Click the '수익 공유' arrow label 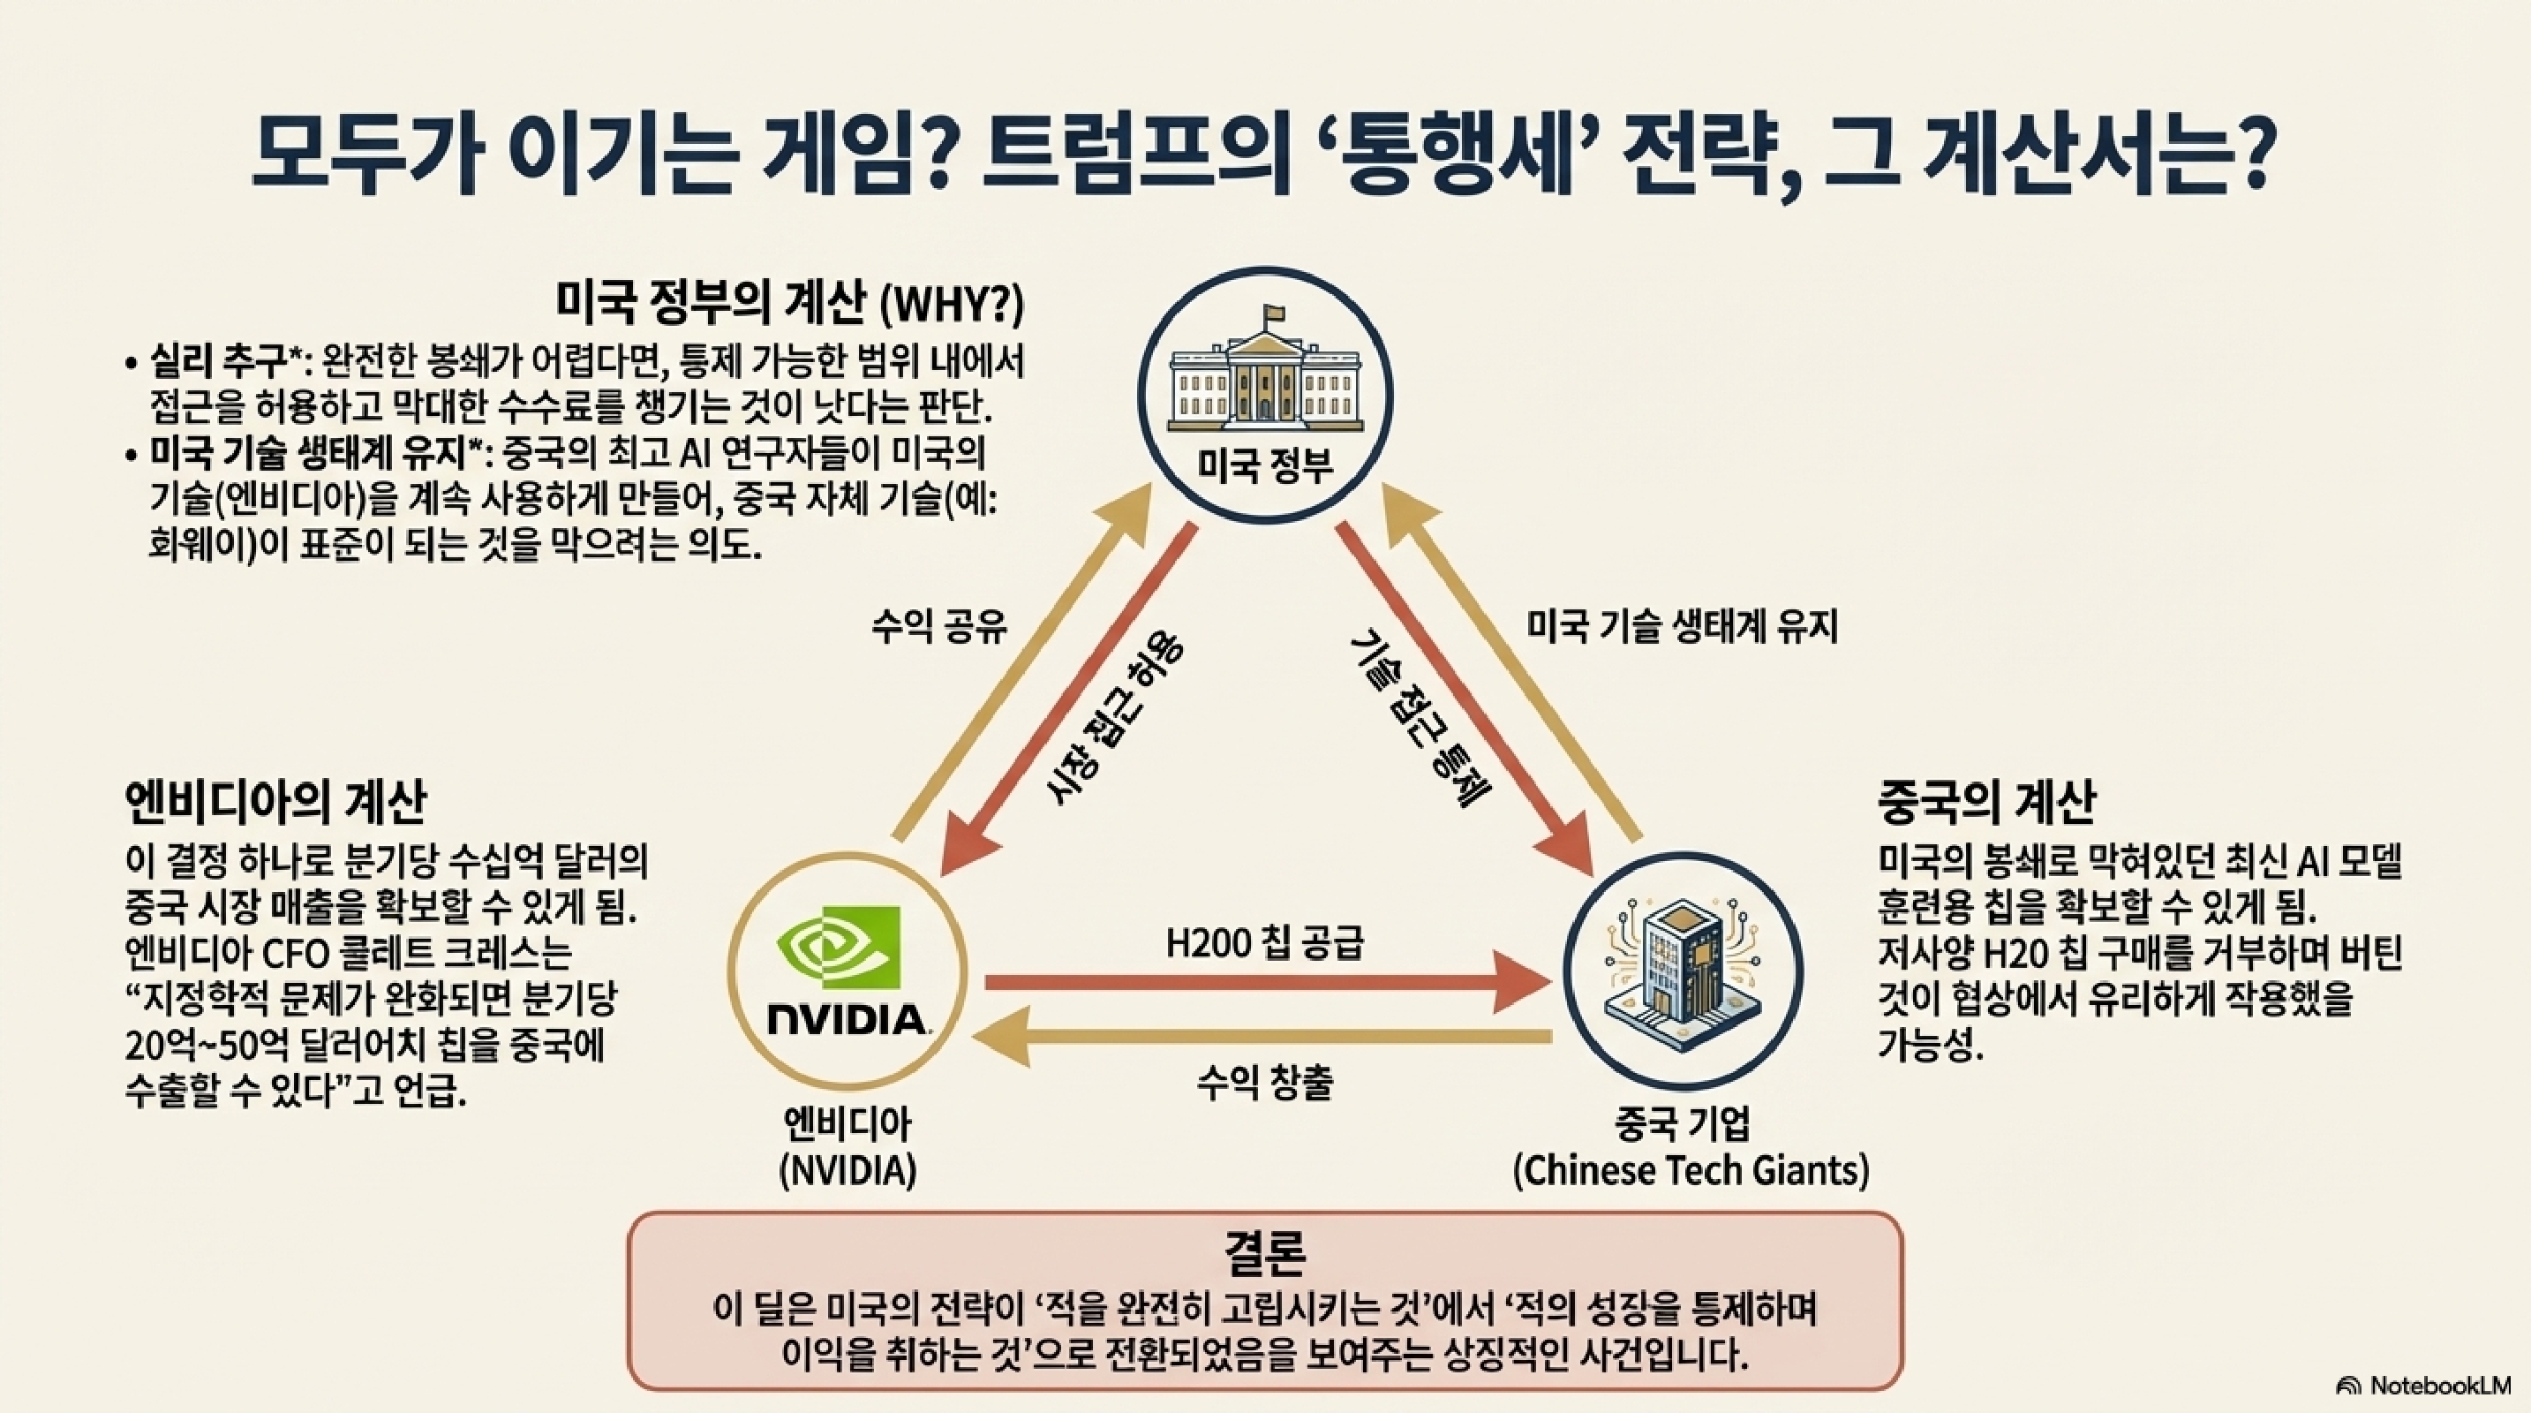pyautogui.click(x=940, y=626)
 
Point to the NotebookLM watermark pyautogui.click(x=2434, y=1386)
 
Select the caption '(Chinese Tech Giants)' pyautogui.click(x=1690, y=1170)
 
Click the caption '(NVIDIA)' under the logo pyautogui.click(x=847, y=1170)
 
